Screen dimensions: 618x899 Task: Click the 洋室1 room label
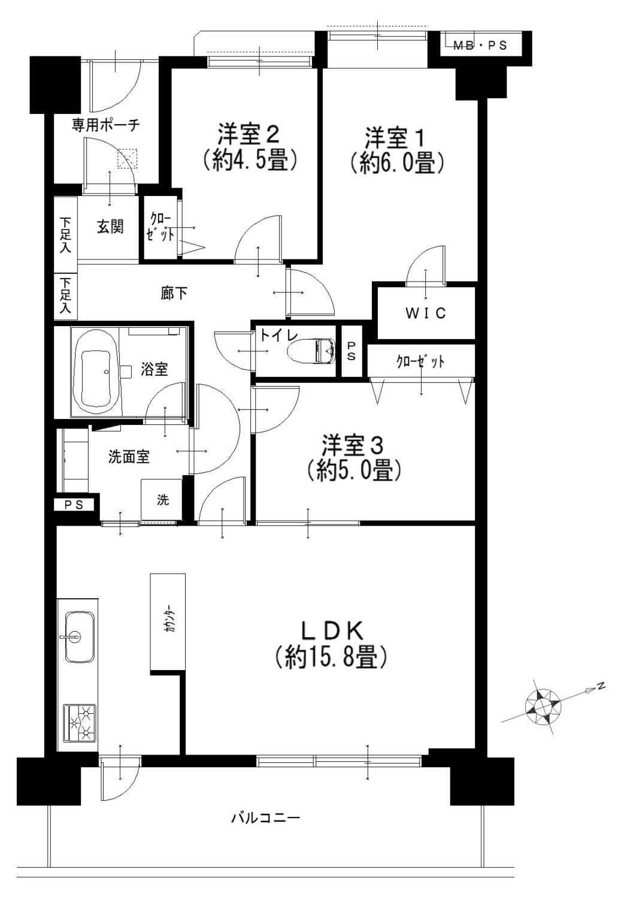(x=393, y=138)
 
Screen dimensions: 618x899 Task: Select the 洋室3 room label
(x=352, y=445)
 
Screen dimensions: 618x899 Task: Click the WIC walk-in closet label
(x=425, y=313)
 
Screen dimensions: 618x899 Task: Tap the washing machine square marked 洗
(x=161, y=500)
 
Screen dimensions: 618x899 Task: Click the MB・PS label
(x=480, y=46)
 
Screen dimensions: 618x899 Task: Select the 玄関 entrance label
(x=110, y=227)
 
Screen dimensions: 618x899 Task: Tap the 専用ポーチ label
(x=106, y=125)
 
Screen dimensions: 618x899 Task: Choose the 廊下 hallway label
(x=174, y=294)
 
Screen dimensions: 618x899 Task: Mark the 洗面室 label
(x=129, y=457)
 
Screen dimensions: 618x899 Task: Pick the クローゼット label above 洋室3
(x=420, y=361)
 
